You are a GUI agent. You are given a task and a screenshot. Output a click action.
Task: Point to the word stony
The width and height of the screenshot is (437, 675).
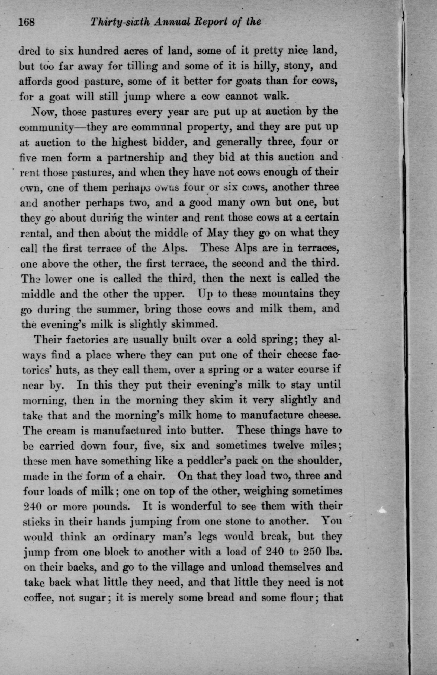coord(298,66)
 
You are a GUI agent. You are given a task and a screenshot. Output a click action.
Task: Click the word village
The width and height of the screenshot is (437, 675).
coord(203,567)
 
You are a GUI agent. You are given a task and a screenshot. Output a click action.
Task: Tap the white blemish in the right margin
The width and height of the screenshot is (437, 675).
coord(382,511)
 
